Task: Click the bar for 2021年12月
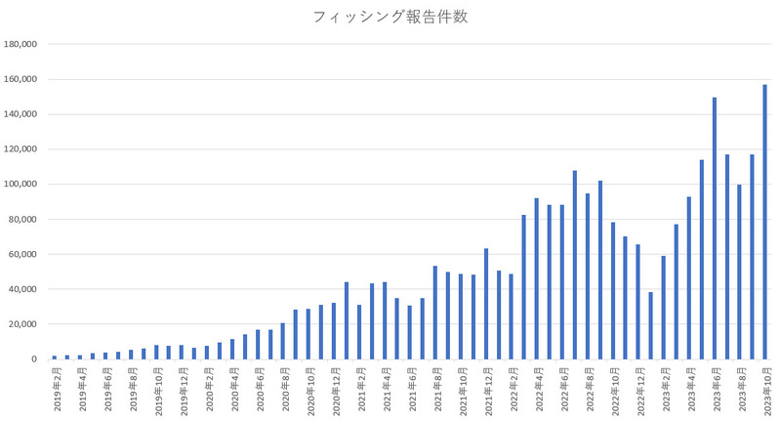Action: pyautogui.click(x=485, y=304)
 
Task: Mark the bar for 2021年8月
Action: pyautogui.click(x=435, y=313)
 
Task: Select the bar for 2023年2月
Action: pyautogui.click(x=664, y=308)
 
